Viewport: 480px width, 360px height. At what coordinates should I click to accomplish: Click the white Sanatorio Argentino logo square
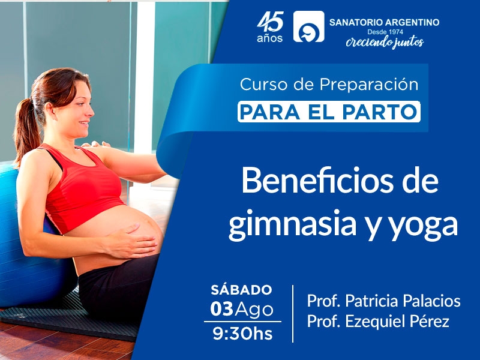(x=308, y=26)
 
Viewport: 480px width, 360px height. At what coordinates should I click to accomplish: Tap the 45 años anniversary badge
(x=270, y=27)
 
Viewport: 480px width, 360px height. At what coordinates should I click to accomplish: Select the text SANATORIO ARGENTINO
(x=384, y=22)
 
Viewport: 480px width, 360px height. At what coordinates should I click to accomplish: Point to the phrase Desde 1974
(x=385, y=32)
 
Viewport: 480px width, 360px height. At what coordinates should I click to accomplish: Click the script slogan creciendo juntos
(x=385, y=42)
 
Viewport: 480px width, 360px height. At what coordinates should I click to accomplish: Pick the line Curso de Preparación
(x=329, y=85)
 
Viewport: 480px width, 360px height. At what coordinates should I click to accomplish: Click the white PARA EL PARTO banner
(x=329, y=112)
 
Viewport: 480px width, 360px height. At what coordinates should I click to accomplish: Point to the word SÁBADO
(x=241, y=290)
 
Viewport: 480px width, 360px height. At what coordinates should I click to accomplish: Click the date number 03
(x=221, y=309)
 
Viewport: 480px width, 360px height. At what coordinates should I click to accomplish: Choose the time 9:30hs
(x=242, y=334)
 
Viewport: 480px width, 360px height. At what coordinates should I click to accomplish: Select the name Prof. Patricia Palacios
(x=383, y=301)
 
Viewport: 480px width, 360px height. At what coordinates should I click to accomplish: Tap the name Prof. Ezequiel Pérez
(x=378, y=322)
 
